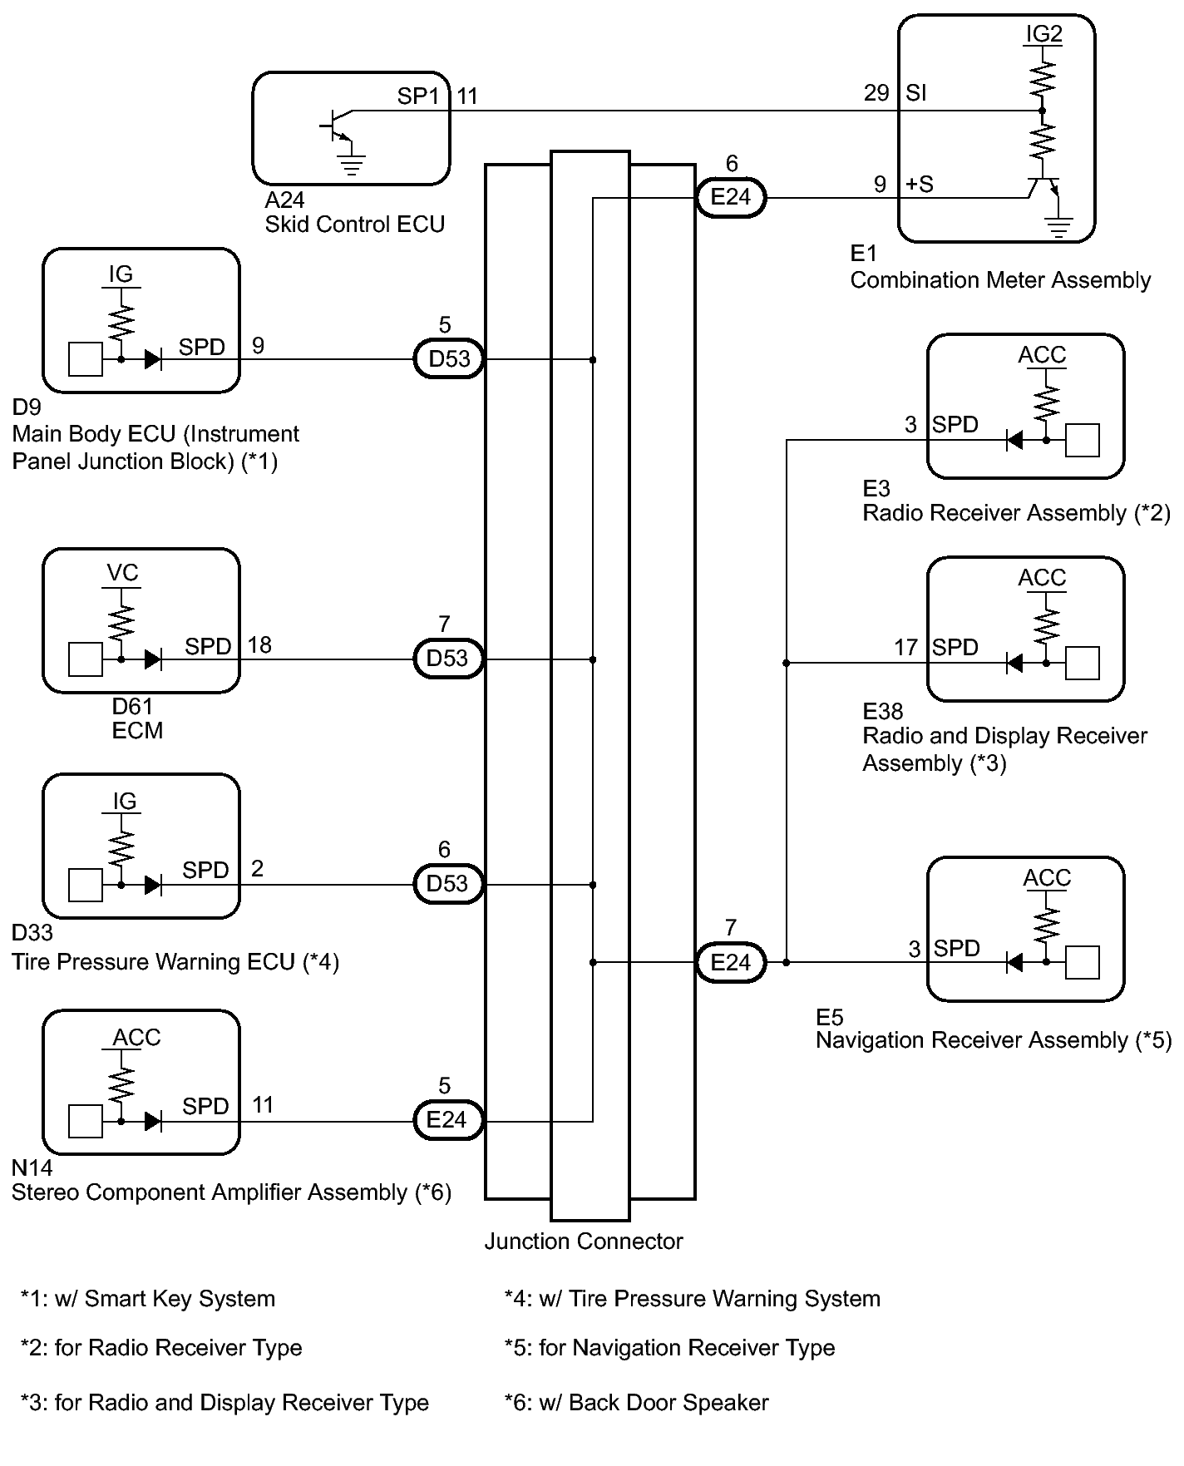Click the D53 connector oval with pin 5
point(449,359)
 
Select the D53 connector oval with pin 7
point(449,659)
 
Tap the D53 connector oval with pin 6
point(449,884)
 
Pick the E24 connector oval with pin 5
point(449,1120)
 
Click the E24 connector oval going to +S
point(731,198)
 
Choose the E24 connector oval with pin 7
point(731,963)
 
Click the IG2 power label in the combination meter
point(1043,34)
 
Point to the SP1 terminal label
point(418,96)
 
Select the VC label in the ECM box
point(122,574)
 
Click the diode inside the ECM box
point(152,660)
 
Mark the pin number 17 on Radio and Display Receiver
point(905,647)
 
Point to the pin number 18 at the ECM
point(259,645)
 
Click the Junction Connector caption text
point(584,1241)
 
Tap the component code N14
point(32,1168)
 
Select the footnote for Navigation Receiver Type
point(669,1348)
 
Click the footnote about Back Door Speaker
point(636,1403)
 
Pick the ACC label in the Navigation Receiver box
point(1047,878)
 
